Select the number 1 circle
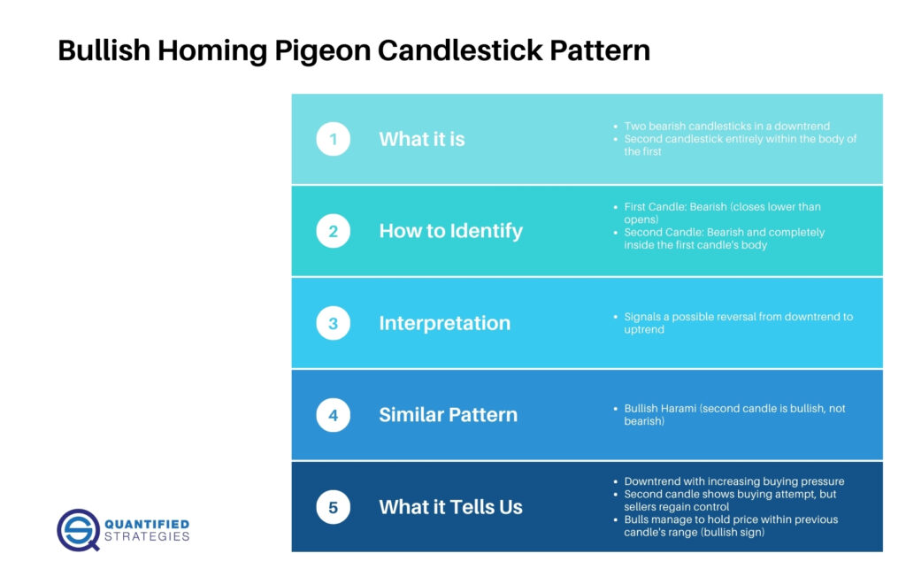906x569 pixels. [x=333, y=139]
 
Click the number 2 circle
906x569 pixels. [x=333, y=231]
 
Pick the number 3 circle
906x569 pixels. [x=333, y=323]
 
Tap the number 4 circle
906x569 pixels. [x=333, y=415]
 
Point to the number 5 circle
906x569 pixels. [x=333, y=507]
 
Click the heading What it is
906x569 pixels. [x=421, y=139]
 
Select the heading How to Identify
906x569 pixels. [x=450, y=231]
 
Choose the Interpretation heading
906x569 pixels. [x=444, y=323]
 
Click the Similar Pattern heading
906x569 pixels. [x=448, y=415]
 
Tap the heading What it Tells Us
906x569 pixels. [x=450, y=507]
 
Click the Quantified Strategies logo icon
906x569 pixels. [x=78, y=529]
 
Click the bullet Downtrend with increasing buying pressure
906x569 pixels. [x=733, y=481]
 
